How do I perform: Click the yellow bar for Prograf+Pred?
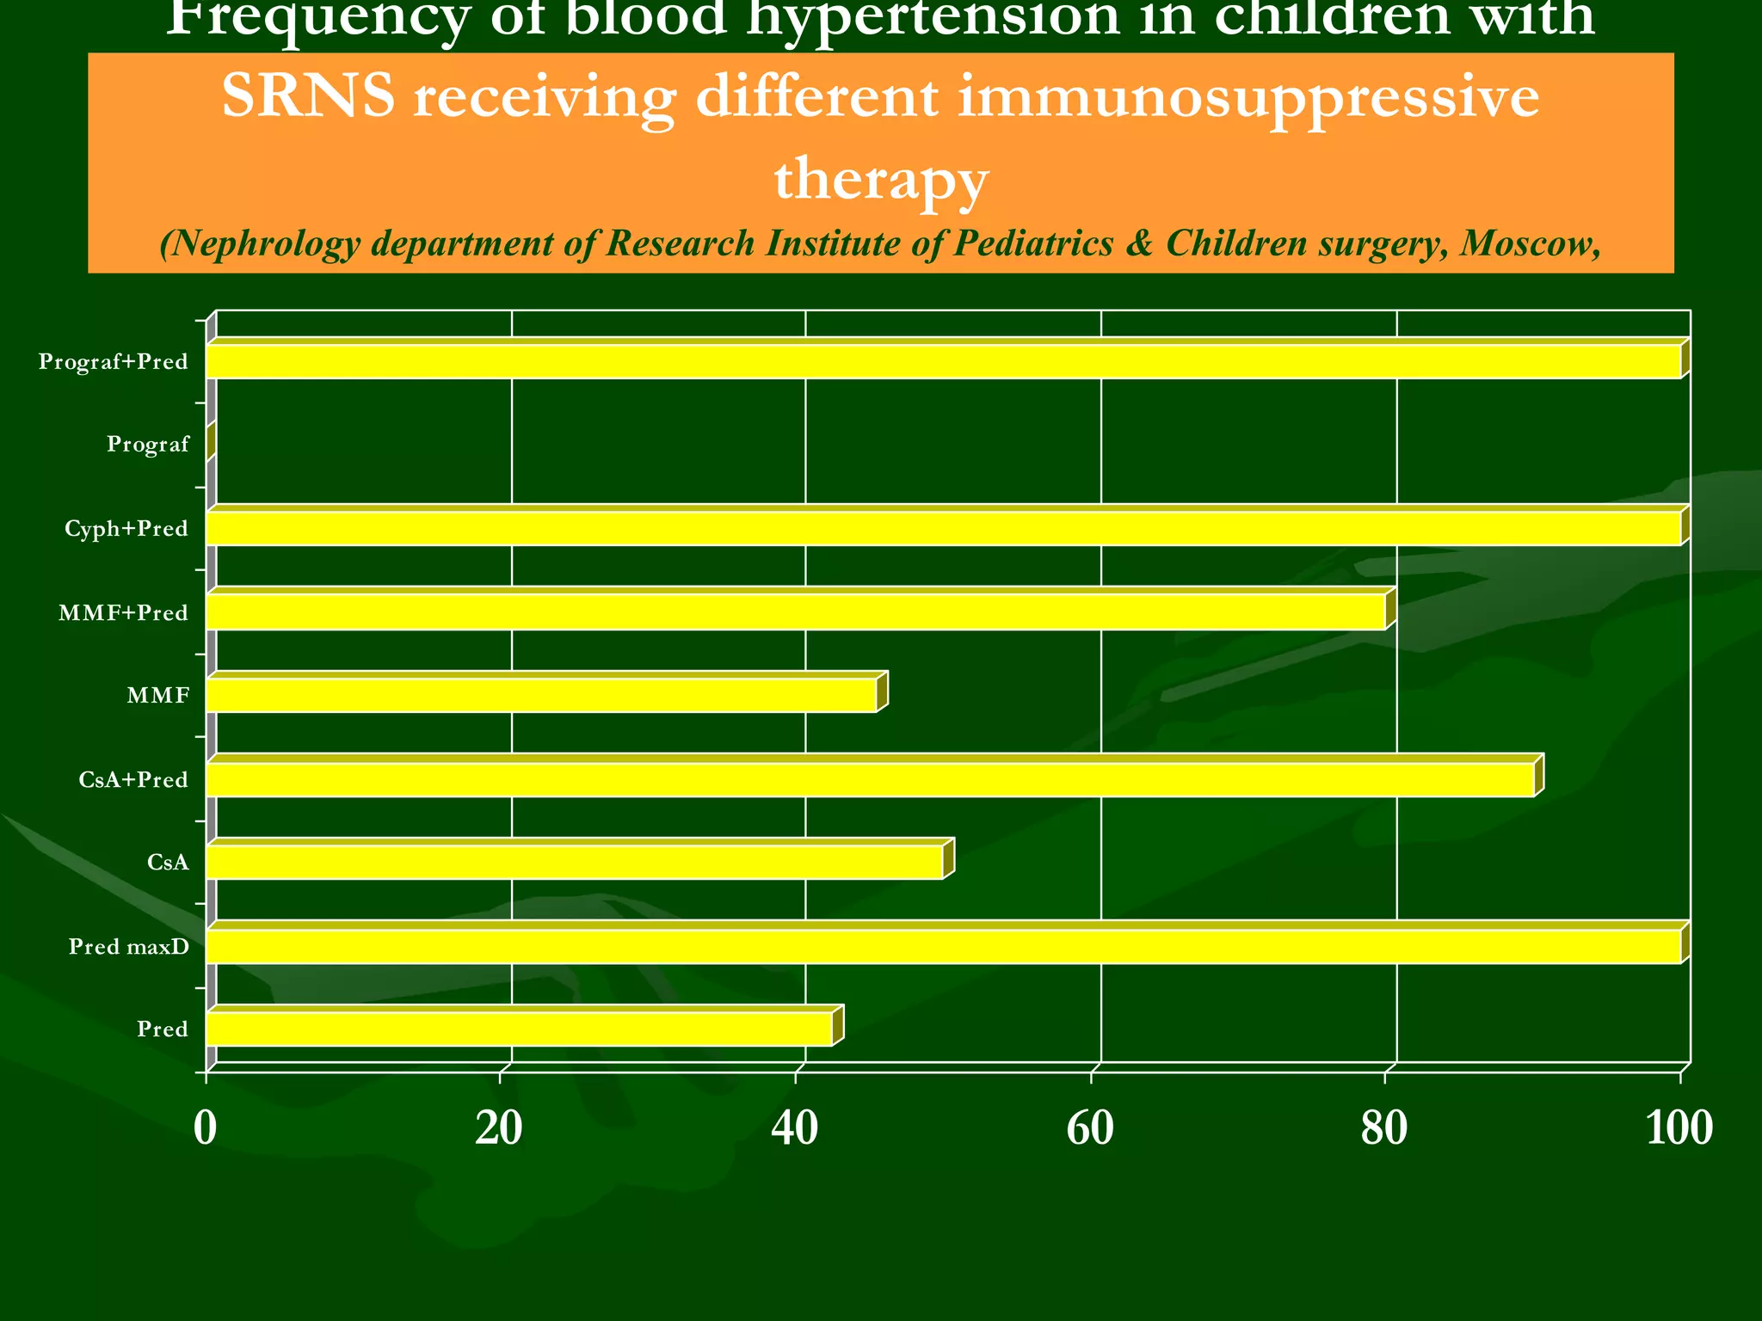[x=943, y=361]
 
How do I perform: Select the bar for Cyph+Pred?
[x=943, y=528]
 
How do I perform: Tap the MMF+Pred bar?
[x=796, y=612]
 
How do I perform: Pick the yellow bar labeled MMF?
[x=541, y=695]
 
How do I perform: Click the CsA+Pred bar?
[x=870, y=779]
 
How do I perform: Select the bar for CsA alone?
[x=575, y=862]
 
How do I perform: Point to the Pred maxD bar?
[x=943, y=946]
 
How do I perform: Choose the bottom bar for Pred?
[x=519, y=1029]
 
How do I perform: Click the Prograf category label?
[x=148, y=445]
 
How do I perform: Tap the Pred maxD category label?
[x=128, y=947]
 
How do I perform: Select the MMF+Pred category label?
[x=123, y=613]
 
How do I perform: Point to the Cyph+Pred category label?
[x=126, y=529]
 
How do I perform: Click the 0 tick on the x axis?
[x=205, y=1128]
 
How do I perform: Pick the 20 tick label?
[x=500, y=1128]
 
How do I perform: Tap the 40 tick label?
[x=795, y=1128]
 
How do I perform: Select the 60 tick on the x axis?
[x=1090, y=1128]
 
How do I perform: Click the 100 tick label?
[x=1679, y=1128]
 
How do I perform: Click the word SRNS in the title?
[x=308, y=96]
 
